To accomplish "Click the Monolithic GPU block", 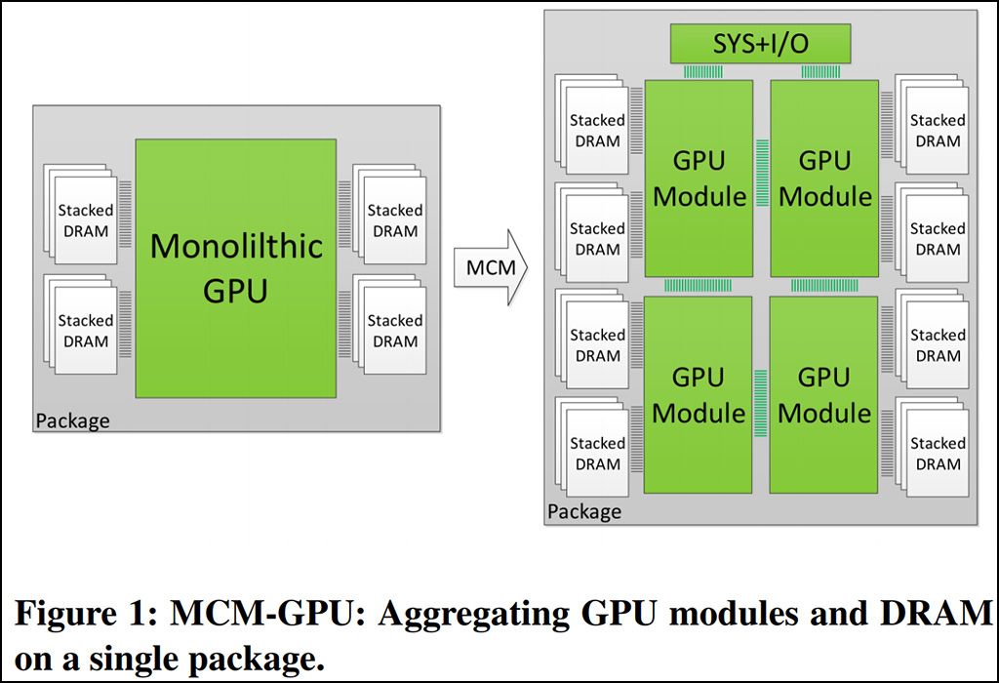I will pyautogui.click(x=235, y=267).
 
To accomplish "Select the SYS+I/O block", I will pyautogui.click(x=760, y=44).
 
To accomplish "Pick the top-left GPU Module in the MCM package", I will pyautogui.click(x=699, y=179).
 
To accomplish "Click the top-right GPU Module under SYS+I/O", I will pyautogui.click(x=824, y=179).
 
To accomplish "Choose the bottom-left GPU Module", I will pyautogui.click(x=699, y=394).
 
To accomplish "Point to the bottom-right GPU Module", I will pyautogui.click(x=824, y=394).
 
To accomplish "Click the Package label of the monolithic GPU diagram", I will pyautogui.click(x=72, y=422).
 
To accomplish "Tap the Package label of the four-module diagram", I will pyautogui.click(x=583, y=511).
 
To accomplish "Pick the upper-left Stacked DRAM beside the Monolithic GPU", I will pyautogui.click(x=85, y=221).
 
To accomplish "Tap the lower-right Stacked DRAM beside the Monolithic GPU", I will pyautogui.click(x=394, y=331).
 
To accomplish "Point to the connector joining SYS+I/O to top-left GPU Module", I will pyautogui.click(x=699, y=71).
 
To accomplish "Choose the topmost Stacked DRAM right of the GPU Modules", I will pyautogui.click(x=937, y=130).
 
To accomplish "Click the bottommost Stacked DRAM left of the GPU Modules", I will pyautogui.click(x=596, y=454).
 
